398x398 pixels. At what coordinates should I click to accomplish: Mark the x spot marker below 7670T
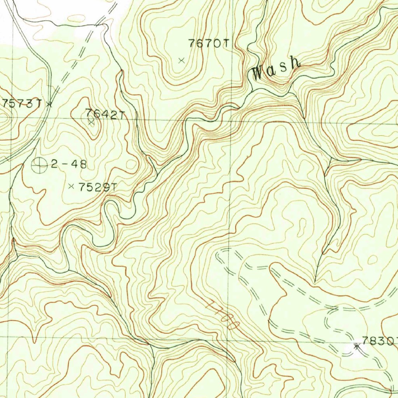(181, 60)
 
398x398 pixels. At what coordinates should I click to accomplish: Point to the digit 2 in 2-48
(54, 164)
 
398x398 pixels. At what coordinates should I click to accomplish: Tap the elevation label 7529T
(97, 187)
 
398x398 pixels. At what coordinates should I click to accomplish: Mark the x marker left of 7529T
(71, 187)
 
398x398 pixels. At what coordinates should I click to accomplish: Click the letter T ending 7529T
(113, 187)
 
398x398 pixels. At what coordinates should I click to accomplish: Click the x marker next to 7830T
(356, 346)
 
